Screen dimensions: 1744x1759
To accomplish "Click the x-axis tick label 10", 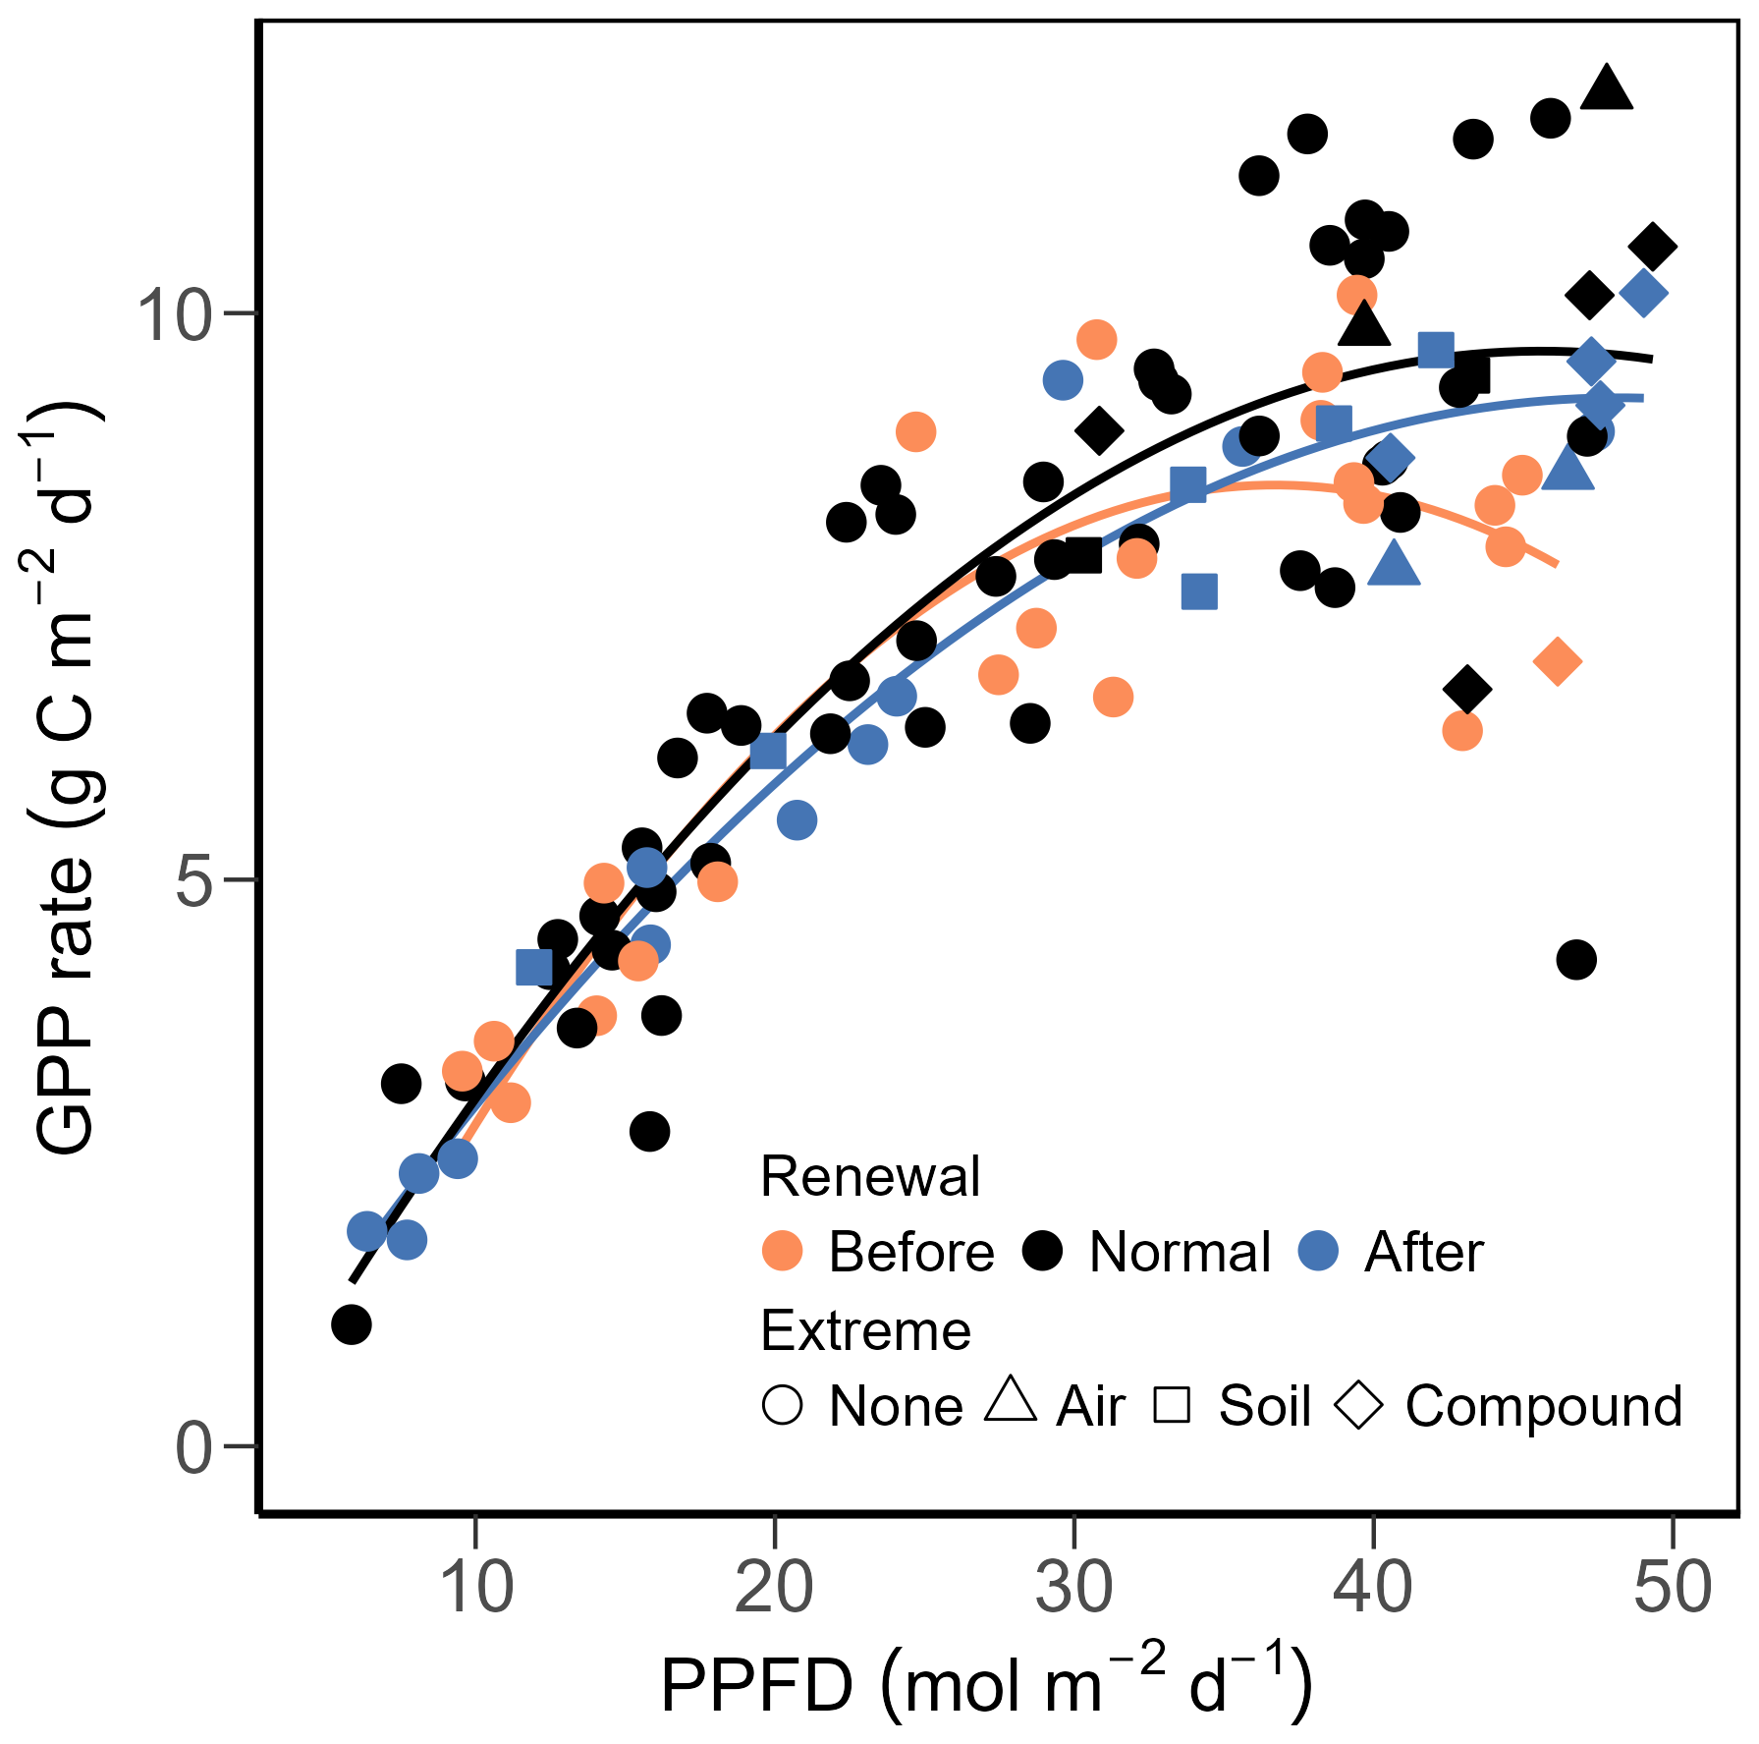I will pyautogui.click(x=477, y=1589).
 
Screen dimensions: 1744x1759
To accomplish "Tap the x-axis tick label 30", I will pyautogui.click(x=1074, y=1589).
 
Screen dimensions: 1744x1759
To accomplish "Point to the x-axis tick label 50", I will pyautogui.click(x=1672, y=1589).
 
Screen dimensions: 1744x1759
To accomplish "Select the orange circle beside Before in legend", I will pyautogui.click(x=783, y=1251).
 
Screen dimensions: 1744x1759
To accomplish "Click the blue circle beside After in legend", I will pyautogui.click(x=1318, y=1251).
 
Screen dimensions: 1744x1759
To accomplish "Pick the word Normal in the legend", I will pyautogui.click(x=1180, y=1253).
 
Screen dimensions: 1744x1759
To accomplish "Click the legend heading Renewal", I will pyautogui.click(x=870, y=1176).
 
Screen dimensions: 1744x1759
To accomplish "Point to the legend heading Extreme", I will pyautogui.click(x=865, y=1330).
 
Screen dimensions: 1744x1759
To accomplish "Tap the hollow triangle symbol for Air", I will pyautogui.click(x=1011, y=1401).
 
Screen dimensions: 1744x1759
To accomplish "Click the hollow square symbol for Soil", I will pyautogui.click(x=1172, y=1406).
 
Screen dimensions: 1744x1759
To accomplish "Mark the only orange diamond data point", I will pyautogui.click(x=1557, y=661).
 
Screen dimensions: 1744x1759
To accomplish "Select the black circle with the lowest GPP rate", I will pyautogui.click(x=352, y=1324).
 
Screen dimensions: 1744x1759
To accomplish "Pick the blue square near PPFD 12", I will pyautogui.click(x=534, y=968).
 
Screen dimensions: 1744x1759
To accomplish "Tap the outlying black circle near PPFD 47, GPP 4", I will pyautogui.click(x=1576, y=959).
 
